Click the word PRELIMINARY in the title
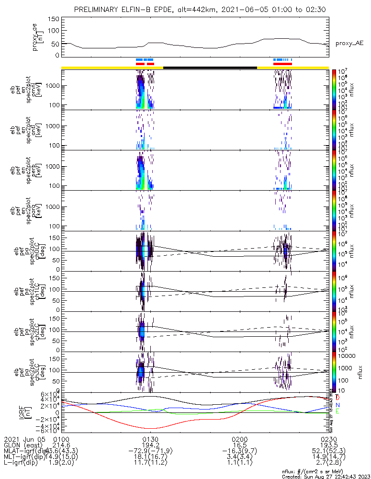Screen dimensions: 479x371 pyautogui.click(x=98, y=10)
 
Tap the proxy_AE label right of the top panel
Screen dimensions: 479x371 pyautogui.click(x=349, y=44)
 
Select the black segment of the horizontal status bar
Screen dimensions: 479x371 pyautogui.click(x=210, y=68)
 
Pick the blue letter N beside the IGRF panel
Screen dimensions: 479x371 pyautogui.click(x=337, y=405)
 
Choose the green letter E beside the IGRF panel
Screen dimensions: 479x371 pyautogui.click(x=337, y=411)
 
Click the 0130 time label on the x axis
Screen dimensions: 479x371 pyautogui.click(x=151, y=439)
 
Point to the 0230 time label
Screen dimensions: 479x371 pyautogui.click(x=328, y=439)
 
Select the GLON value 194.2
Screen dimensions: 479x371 pyautogui.click(x=151, y=445)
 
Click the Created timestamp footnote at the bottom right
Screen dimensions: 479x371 pyautogui.click(x=326, y=476)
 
